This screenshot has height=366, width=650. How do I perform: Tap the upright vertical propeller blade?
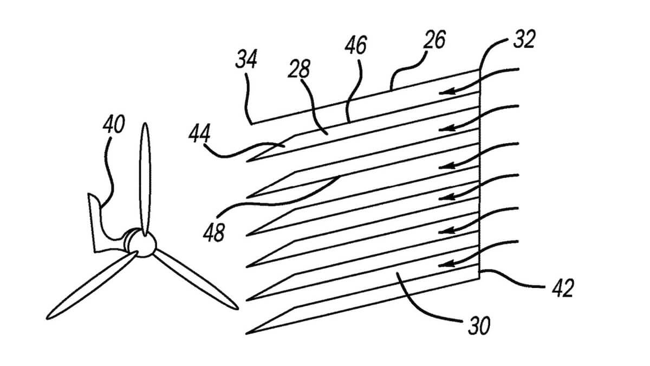(x=145, y=174)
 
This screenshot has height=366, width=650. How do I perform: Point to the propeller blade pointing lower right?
(x=198, y=282)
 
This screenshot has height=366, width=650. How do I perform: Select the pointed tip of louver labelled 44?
(x=249, y=162)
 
